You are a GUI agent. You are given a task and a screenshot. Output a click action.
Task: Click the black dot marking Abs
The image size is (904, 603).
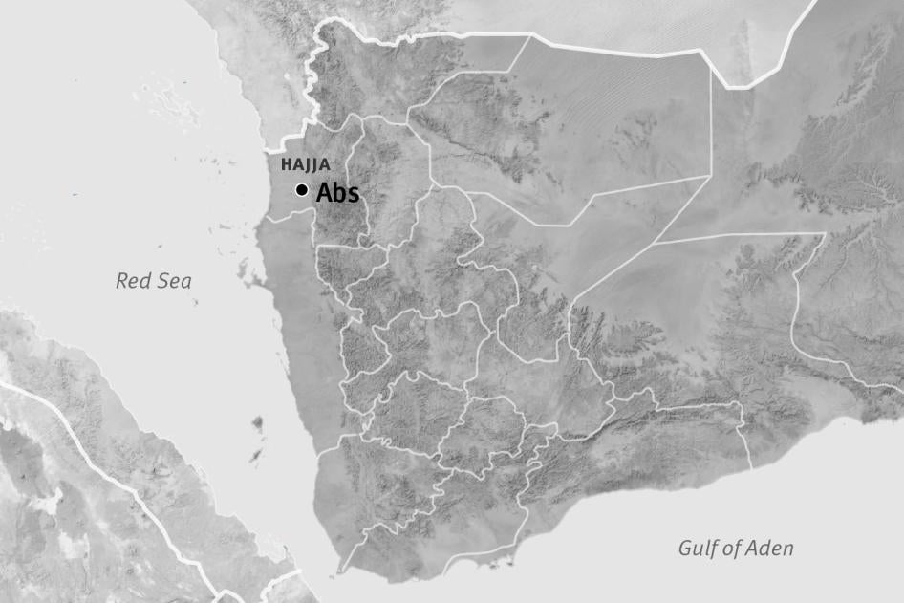pos(302,190)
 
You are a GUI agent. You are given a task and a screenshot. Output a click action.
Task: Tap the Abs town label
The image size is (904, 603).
pos(337,192)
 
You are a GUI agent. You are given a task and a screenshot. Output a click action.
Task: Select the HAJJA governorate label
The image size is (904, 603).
pos(305,164)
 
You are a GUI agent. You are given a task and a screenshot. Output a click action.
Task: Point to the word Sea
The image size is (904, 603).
pos(174,281)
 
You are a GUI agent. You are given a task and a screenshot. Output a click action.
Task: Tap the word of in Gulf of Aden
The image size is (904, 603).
pos(734,549)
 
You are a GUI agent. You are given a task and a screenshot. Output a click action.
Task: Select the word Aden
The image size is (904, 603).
pos(771,549)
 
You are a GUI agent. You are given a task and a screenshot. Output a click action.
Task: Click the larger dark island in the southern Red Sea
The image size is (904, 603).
pos(257,422)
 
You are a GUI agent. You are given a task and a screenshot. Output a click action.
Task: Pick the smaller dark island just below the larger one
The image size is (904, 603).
pos(255,458)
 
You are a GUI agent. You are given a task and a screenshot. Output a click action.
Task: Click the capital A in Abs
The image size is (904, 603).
pos(324,192)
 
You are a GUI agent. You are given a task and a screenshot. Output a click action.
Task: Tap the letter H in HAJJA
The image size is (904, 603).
pos(286,164)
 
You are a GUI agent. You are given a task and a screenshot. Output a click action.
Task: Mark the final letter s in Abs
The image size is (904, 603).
pos(353,194)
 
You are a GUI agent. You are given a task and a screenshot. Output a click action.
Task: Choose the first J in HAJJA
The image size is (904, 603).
pos(309,164)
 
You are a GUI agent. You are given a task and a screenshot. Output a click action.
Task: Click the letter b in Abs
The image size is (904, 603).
pos(339,192)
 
